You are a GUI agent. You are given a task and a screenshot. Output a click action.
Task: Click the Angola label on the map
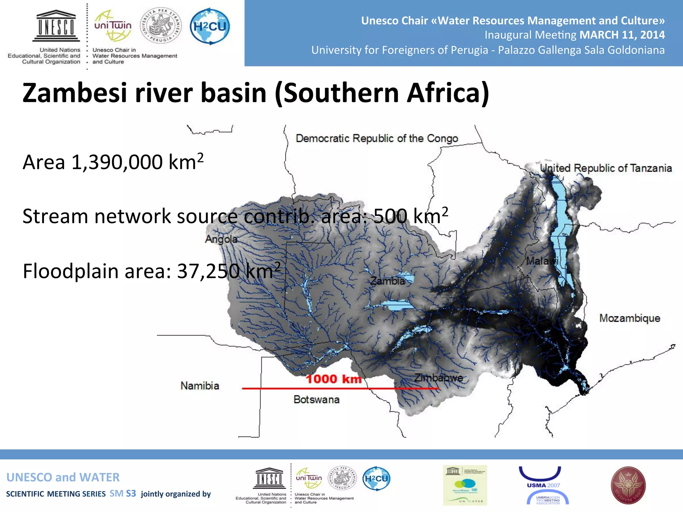point(221,239)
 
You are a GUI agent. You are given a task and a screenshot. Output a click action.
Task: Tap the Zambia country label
point(388,281)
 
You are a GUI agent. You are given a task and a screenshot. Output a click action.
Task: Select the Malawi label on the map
point(542,261)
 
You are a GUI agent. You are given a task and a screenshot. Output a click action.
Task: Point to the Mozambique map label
point(630,318)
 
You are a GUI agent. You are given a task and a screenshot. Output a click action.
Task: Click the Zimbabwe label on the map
point(439,378)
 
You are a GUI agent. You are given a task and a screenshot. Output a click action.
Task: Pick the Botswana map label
point(316,399)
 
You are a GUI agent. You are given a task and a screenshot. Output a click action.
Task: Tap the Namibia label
point(200,386)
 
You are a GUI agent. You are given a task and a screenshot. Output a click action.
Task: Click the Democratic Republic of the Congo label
point(377,138)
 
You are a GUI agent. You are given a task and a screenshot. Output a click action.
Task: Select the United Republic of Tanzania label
point(606,168)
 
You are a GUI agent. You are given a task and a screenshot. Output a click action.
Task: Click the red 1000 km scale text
point(333,379)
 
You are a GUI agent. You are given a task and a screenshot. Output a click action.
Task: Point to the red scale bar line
point(340,388)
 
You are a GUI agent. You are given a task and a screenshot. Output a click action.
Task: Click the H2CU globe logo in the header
point(210,27)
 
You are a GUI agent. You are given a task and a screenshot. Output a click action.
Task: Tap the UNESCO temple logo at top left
point(56,26)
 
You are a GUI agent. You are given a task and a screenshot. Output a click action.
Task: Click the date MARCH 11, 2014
point(622,35)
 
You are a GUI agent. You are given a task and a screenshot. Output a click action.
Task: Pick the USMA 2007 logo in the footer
point(544,485)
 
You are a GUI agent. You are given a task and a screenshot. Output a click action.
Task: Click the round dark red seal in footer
point(628,485)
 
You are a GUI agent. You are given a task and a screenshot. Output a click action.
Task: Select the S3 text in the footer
point(131,493)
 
